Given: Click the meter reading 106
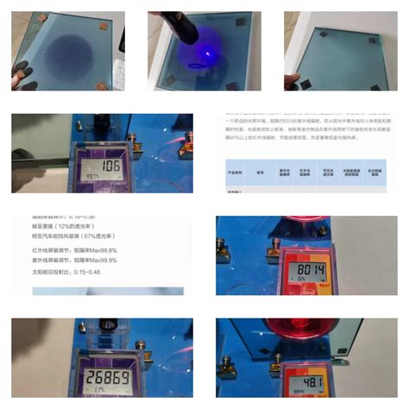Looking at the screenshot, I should click(x=110, y=165).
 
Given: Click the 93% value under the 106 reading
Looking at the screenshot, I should click(x=88, y=176).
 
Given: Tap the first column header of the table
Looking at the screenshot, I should click(x=236, y=170).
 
